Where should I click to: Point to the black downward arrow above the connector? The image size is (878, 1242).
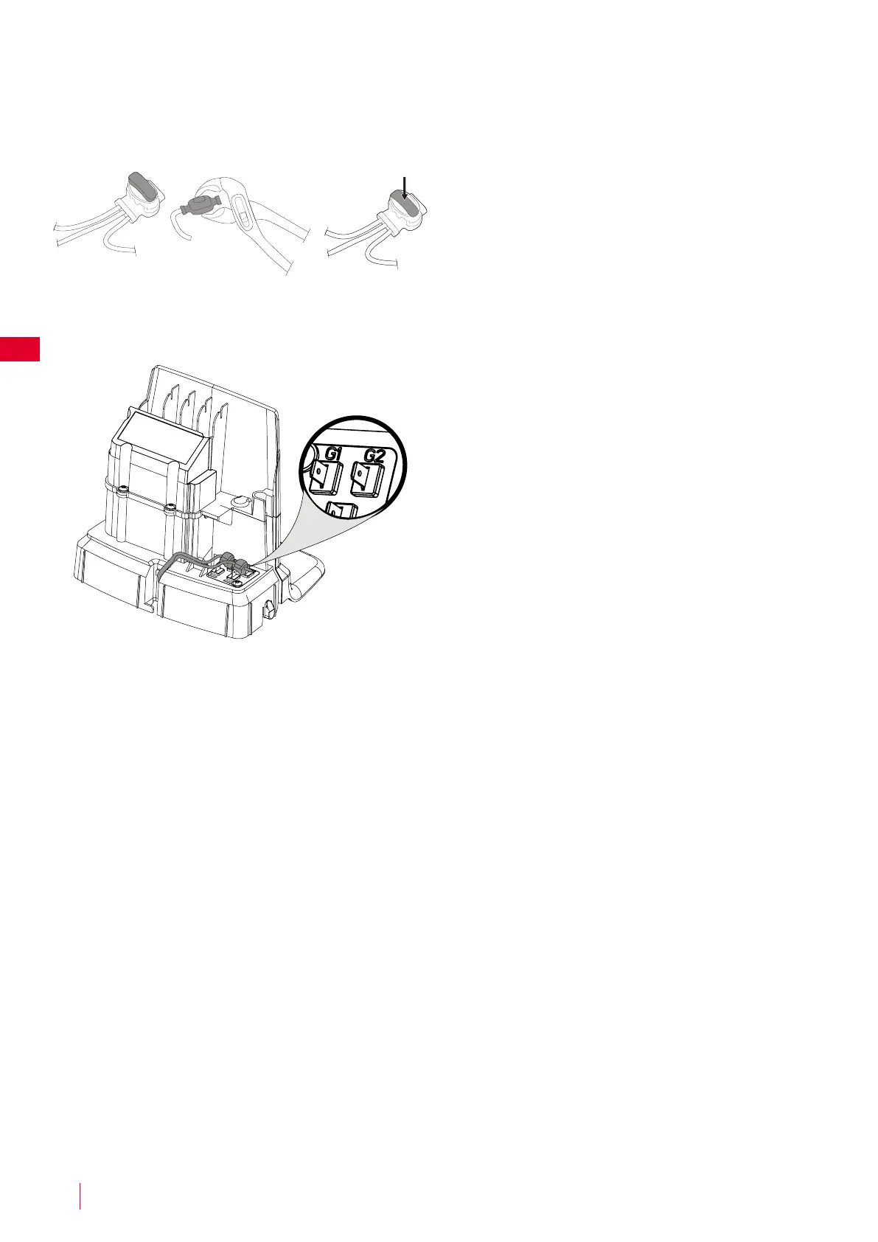(x=404, y=187)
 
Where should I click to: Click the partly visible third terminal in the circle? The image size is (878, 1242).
(x=341, y=510)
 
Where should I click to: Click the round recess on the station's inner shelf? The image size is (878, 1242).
(x=239, y=502)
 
